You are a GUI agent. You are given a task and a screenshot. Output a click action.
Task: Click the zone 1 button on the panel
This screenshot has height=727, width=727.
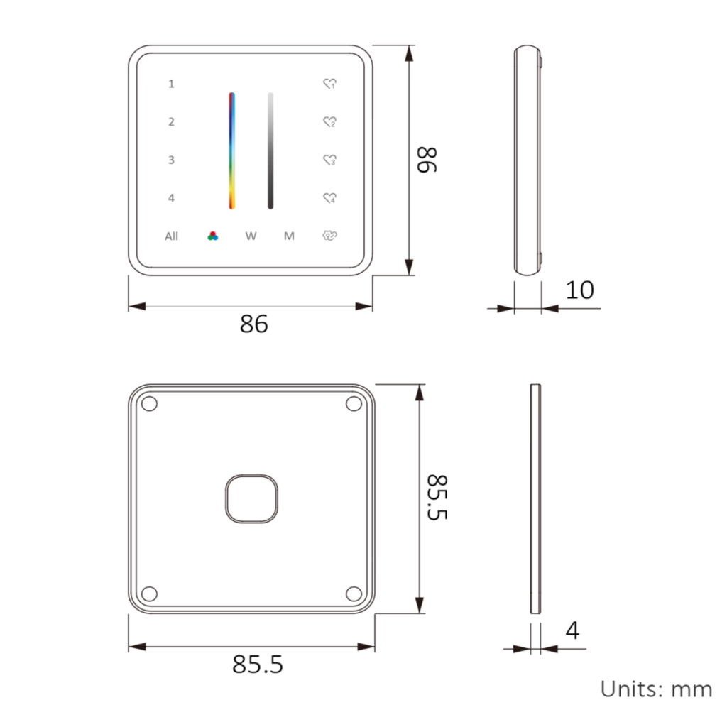click(171, 84)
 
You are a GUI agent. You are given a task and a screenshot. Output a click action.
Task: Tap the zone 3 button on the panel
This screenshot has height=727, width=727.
click(171, 160)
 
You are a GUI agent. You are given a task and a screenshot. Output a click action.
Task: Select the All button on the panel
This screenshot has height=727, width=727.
click(171, 236)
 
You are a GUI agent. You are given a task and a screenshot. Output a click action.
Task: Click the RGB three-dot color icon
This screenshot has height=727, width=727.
click(212, 236)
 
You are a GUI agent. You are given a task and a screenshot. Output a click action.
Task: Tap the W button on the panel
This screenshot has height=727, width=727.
click(251, 236)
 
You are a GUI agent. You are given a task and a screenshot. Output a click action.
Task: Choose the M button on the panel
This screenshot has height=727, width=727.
click(289, 236)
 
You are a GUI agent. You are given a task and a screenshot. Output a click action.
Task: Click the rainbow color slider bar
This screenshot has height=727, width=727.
click(231, 151)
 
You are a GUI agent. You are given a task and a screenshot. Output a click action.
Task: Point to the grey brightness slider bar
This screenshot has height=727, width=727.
click(270, 151)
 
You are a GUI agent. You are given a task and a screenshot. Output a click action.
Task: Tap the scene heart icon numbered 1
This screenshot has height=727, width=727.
click(329, 84)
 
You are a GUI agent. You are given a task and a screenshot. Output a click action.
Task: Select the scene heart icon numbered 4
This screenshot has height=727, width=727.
click(329, 198)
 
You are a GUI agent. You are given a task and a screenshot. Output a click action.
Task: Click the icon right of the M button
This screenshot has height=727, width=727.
click(329, 236)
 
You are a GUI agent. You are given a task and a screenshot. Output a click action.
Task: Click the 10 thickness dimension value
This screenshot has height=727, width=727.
click(579, 290)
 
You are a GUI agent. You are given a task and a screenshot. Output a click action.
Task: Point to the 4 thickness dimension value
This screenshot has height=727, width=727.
click(572, 630)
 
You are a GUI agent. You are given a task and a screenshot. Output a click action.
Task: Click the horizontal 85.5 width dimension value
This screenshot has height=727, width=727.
click(257, 665)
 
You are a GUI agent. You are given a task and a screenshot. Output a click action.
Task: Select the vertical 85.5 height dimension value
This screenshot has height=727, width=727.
click(437, 498)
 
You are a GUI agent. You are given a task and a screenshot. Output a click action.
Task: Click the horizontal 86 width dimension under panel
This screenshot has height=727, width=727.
click(253, 324)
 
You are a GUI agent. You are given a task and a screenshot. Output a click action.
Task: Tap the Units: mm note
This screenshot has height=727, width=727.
click(655, 689)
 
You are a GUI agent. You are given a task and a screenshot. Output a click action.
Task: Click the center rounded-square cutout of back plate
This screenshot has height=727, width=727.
click(251, 499)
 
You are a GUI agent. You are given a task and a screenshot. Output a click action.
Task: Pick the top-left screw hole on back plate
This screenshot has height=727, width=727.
click(149, 404)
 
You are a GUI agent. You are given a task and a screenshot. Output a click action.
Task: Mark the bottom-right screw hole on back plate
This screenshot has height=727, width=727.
click(353, 594)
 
